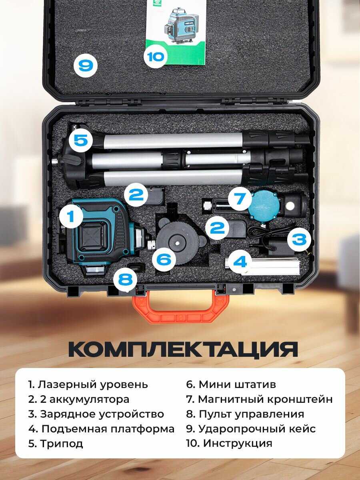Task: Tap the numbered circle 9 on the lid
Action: click(85, 65)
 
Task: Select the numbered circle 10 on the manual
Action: click(155, 57)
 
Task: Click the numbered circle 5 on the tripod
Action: click(81, 140)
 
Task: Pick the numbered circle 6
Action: click(164, 259)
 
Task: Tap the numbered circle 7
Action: click(240, 199)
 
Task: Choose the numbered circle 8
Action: click(125, 280)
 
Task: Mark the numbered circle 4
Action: click(240, 262)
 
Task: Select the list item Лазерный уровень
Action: click(88, 384)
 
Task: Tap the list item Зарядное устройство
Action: click(96, 414)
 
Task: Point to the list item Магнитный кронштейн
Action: click(260, 399)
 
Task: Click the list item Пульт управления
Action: click(245, 414)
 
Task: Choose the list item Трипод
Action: click(56, 444)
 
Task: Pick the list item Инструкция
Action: click(230, 443)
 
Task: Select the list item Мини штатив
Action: click(231, 384)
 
